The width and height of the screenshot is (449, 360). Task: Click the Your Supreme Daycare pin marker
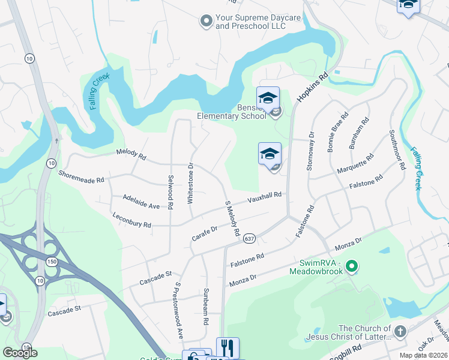pyautogui.click(x=206, y=22)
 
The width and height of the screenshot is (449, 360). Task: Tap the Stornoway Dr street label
pyautogui.click(x=310, y=151)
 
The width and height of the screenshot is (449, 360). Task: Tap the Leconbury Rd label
pyautogui.click(x=131, y=219)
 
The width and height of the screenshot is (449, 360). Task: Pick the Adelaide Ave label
pyautogui.click(x=140, y=201)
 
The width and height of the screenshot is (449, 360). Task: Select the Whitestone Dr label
pyautogui.click(x=190, y=183)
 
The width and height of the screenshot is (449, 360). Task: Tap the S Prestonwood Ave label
pyautogui.click(x=178, y=310)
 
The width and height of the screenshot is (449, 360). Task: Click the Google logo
pyautogui.click(x=20, y=353)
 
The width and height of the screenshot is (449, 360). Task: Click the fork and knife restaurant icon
pyautogui.click(x=228, y=347)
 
